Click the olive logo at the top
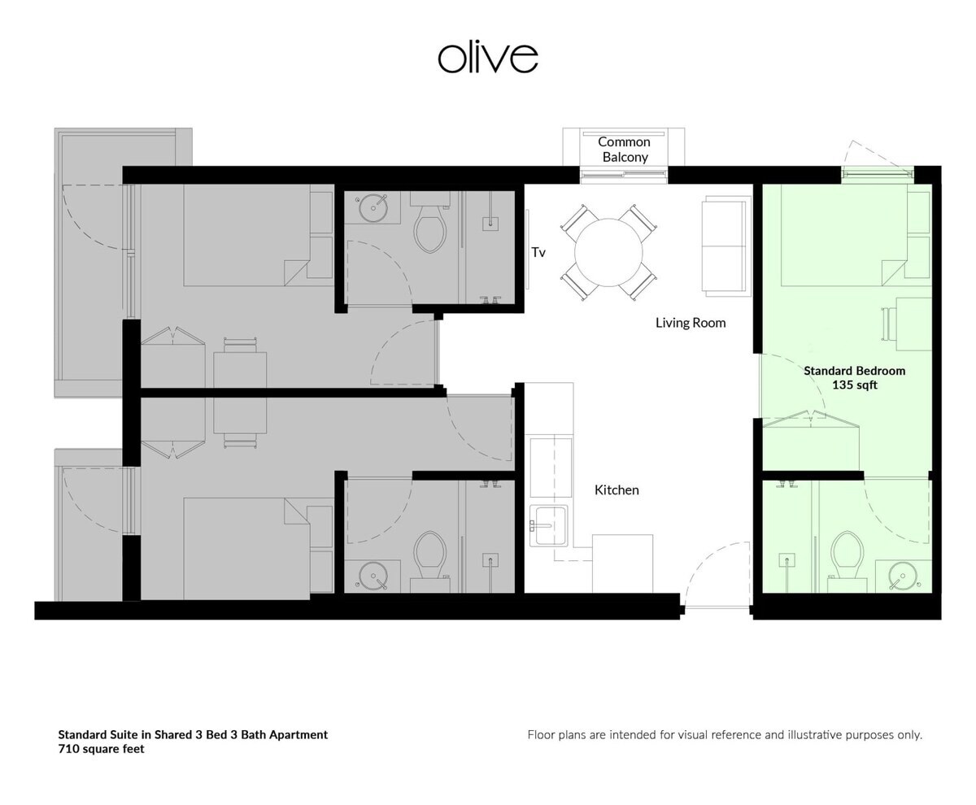click(487, 58)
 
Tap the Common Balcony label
click(624, 149)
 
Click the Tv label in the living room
click(538, 252)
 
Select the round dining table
click(608, 252)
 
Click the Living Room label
click(691, 323)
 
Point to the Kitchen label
click(617, 490)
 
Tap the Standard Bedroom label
click(855, 371)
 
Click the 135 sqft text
click(855, 385)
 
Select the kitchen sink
click(549, 525)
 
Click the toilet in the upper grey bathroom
click(430, 226)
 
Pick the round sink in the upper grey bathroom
click(373, 208)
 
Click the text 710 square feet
click(101, 749)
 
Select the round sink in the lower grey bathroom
click(373, 577)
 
